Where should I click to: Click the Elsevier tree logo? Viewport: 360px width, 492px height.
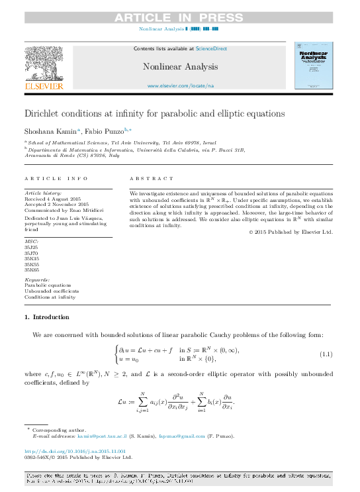(44, 64)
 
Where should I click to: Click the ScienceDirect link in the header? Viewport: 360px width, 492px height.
(210, 48)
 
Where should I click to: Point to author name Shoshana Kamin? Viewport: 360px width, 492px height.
(51, 131)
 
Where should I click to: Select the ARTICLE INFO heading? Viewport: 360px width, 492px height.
(56, 179)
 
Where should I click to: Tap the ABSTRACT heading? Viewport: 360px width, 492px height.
(148, 179)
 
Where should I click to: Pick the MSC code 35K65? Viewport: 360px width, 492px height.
(31, 270)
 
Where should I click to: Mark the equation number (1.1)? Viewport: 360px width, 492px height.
(326, 354)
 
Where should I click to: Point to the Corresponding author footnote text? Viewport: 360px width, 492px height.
(60, 430)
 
